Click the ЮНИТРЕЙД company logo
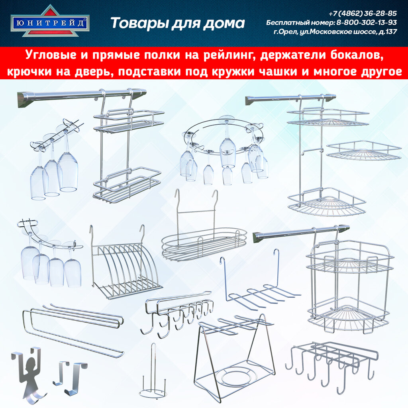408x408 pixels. (x=50, y=22)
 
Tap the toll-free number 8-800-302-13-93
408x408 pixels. (x=366, y=22)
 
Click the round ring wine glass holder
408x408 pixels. (x=223, y=149)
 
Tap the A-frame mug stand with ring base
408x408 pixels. (x=235, y=355)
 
